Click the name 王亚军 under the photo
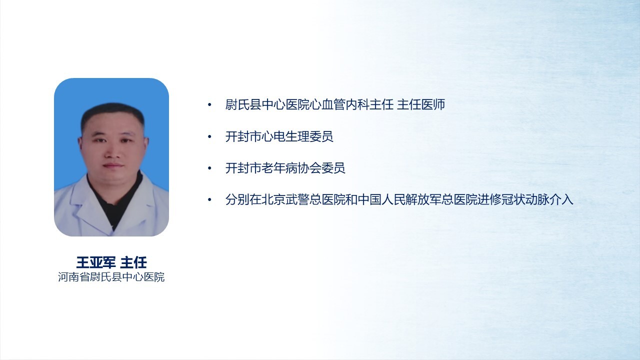click(x=96, y=262)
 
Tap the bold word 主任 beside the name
click(x=133, y=262)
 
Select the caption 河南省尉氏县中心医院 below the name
click(x=111, y=277)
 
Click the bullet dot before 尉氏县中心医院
click(x=209, y=105)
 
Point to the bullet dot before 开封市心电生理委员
click(x=209, y=136)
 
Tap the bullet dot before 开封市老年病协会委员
click(x=209, y=168)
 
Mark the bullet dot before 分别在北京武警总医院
click(x=209, y=199)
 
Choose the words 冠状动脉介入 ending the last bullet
click(x=537, y=199)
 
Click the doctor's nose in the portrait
click(x=112, y=151)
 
